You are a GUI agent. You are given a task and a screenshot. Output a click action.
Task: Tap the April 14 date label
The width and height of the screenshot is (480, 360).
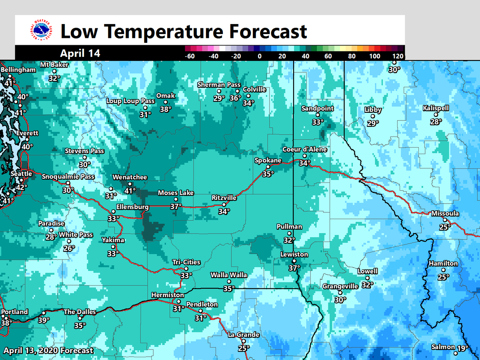coord(80,53)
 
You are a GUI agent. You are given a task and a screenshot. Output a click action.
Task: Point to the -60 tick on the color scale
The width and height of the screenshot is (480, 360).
coord(190,56)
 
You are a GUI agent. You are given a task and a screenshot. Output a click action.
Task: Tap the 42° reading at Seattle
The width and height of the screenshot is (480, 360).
coord(21,187)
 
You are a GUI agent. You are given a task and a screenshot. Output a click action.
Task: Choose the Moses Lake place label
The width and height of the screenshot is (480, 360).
coord(176,193)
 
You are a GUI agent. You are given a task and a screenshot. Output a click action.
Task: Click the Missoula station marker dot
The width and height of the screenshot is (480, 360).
coord(445,220)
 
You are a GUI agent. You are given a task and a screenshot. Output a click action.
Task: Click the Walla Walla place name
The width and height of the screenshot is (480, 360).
coord(229,275)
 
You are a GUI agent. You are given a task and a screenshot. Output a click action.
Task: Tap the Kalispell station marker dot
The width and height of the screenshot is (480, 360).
coord(436,115)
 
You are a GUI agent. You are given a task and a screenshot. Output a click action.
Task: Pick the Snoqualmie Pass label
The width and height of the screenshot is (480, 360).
coord(68,176)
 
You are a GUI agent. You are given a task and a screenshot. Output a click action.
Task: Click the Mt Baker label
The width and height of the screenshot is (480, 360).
coord(54,65)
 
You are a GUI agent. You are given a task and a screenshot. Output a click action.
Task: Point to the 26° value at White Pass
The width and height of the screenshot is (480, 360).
coord(69,248)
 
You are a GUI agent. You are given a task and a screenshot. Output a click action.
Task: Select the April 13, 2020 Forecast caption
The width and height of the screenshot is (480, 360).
coord(48,351)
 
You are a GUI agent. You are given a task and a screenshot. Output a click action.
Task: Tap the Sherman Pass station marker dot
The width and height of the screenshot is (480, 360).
coord(219,92)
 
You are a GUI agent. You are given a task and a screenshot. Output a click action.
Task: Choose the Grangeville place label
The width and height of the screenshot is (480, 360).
coord(340,286)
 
